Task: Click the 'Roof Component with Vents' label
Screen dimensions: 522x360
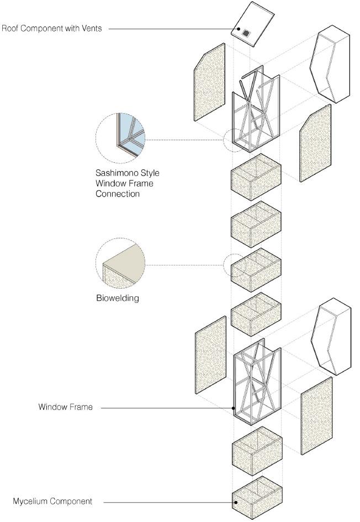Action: [52, 28]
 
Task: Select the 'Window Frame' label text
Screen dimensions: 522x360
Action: [65, 407]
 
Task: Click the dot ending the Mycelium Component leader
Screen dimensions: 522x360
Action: [235, 502]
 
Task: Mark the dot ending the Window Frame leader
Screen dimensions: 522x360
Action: [234, 408]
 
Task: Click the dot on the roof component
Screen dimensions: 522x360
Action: [239, 29]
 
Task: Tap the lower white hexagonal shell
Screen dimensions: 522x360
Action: [330, 337]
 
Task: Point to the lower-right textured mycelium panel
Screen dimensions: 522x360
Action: [316, 416]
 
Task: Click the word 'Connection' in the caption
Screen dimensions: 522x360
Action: [118, 194]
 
